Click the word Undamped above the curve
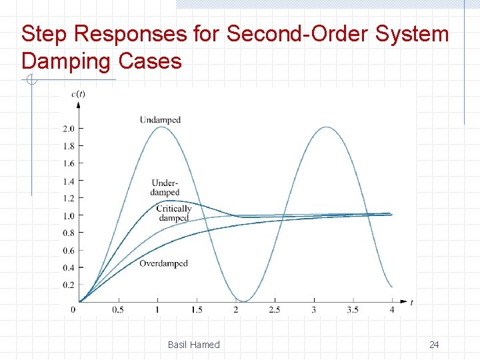160,120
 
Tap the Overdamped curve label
163,263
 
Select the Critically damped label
174,213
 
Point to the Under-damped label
165,187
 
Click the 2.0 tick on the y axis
68,128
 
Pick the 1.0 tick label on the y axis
68,215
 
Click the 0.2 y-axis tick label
68,285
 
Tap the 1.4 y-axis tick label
68,181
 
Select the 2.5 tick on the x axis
275,310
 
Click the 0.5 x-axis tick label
118,310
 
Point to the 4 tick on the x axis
392,310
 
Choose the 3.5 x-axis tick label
353,310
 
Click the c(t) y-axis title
78,94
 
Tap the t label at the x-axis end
411,303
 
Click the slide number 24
434,345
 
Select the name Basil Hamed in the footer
193,345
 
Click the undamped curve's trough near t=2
244,301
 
